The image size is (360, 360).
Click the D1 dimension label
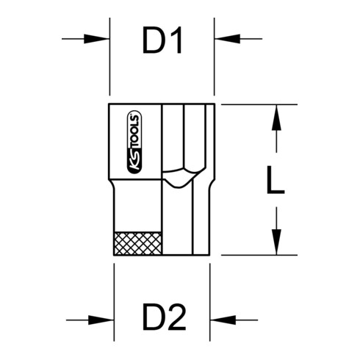pyautogui.click(x=162, y=40)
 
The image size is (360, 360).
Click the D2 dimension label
pyautogui.click(x=164, y=317)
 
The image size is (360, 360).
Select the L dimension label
pyautogui.click(x=276, y=180)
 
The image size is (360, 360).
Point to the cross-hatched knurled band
pyautogui.click(x=138, y=243)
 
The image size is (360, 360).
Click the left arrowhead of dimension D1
pyautogui.click(x=96, y=39)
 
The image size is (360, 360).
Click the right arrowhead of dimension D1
pyautogui.click(x=228, y=39)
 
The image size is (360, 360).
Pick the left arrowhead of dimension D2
pyautogui.click(x=101, y=320)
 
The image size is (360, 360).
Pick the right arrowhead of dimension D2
pyautogui.click(x=223, y=320)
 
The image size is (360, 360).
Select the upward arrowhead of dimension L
pyautogui.click(x=276, y=118)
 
